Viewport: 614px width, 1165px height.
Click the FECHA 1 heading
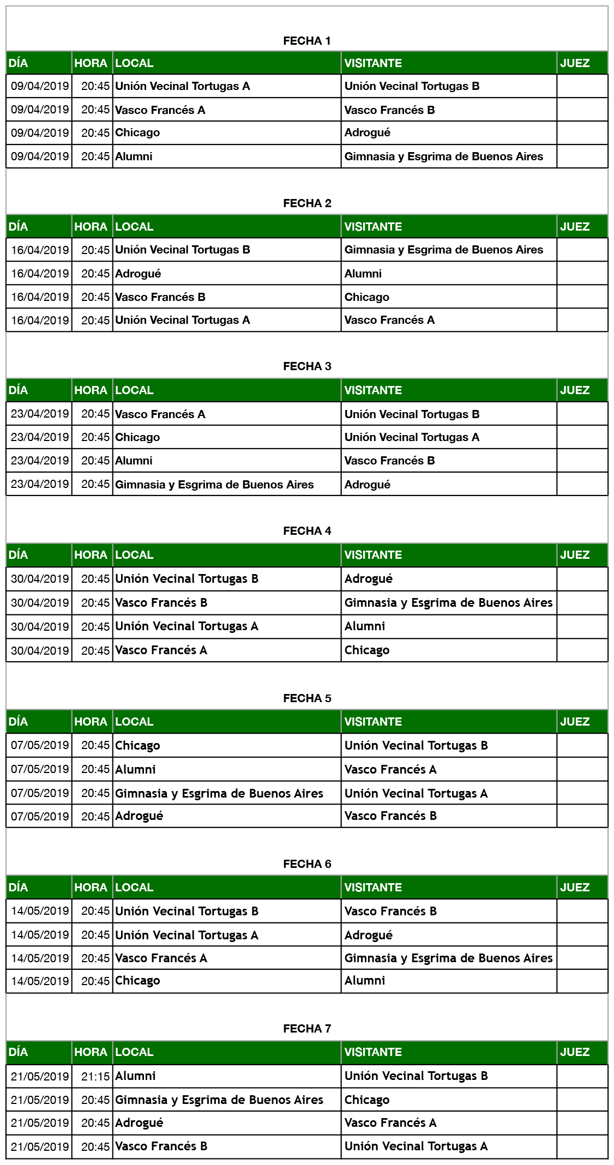pyautogui.click(x=307, y=41)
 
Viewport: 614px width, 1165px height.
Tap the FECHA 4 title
pyautogui.click(x=307, y=531)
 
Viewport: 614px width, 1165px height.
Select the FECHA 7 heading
pyautogui.click(x=307, y=1029)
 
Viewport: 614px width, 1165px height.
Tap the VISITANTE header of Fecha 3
pyautogui.click(x=374, y=390)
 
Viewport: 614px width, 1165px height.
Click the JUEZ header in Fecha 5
pyautogui.click(x=575, y=722)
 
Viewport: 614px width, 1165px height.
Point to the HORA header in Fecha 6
pyautogui.click(x=91, y=888)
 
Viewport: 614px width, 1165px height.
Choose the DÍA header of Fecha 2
pyautogui.click(x=19, y=227)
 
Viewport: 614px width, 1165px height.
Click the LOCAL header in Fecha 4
pyautogui.click(x=135, y=555)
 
